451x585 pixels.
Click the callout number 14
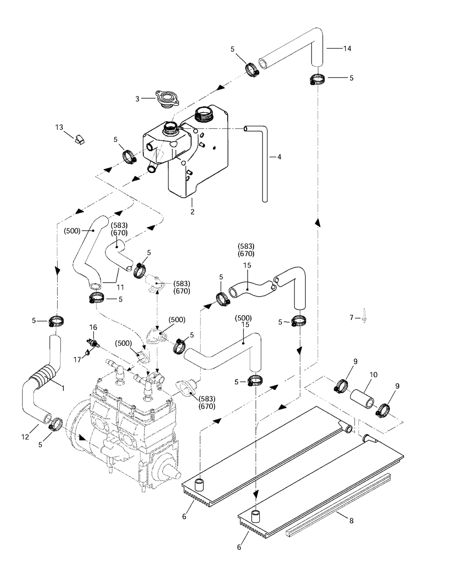tap(347, 49)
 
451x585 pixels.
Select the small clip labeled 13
tap(79, 139)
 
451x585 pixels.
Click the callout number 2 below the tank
tap(192, 212)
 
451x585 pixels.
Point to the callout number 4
tap(279, 157)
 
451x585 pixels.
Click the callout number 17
tap(77, 360)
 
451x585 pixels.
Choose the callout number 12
tap(25, 437)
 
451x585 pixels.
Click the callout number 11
tap(120, 287)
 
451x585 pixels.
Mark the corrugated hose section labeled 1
tap(43, 375)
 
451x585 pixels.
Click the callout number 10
tap(374, 375)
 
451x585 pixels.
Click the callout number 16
tap(93, 327)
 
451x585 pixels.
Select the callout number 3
tap(137, 99)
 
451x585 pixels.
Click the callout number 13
tap(59, 127)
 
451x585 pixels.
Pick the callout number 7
tap(351, 318)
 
